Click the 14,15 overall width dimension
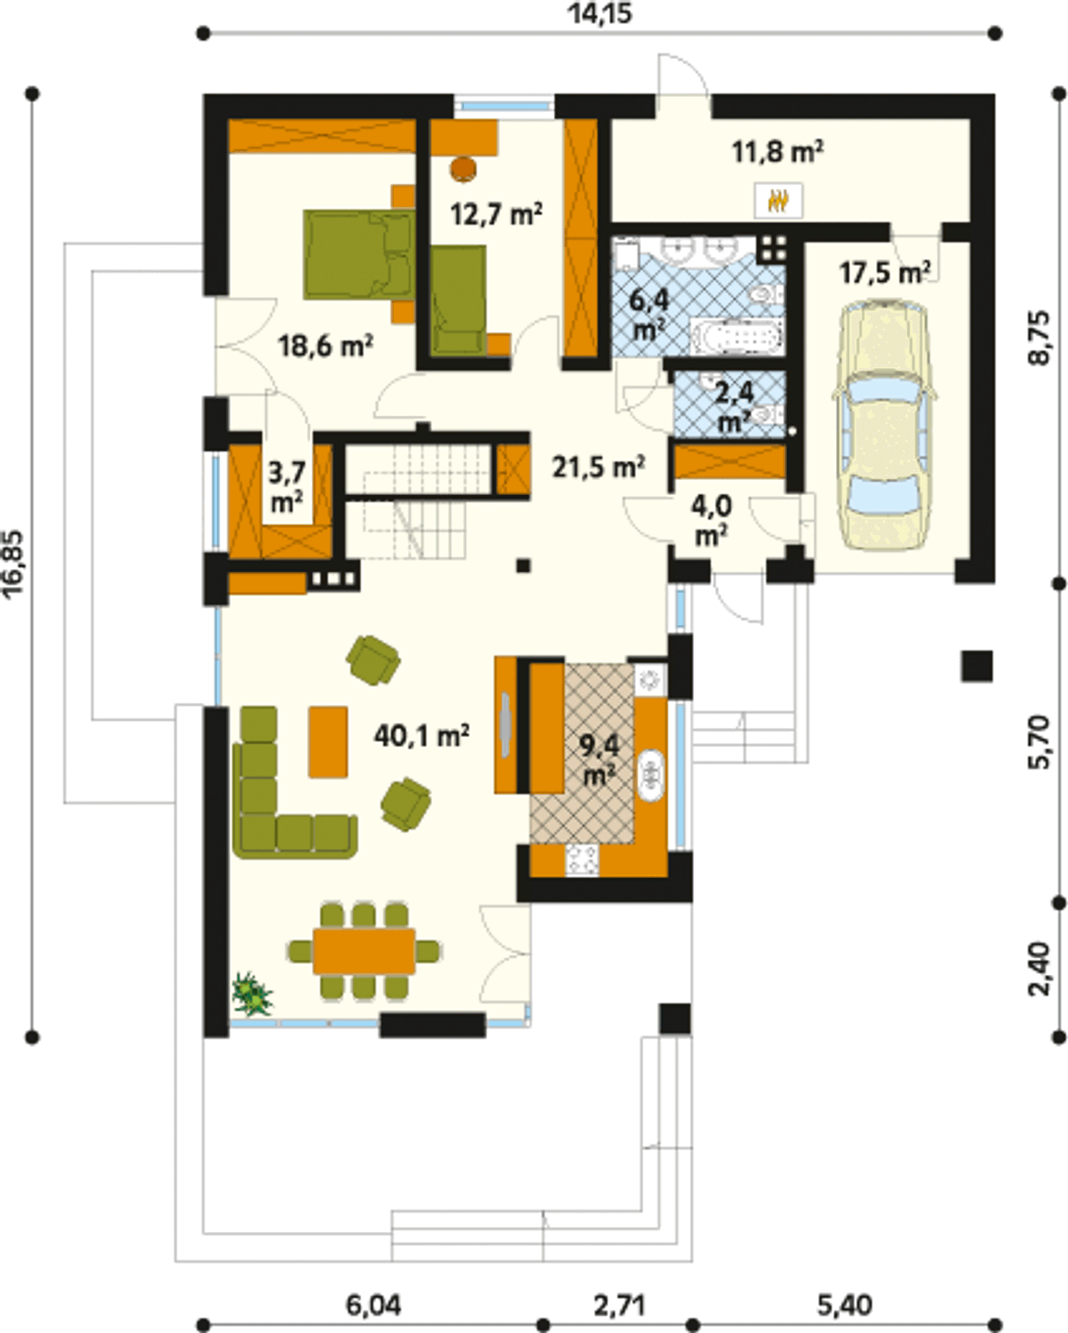(x=600, y=13)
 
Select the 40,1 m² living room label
(x=421, y=736)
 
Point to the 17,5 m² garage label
(x=884, y=272)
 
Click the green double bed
(x=359, y=255)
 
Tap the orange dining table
(x=364, y=951)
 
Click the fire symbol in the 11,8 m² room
(x=778, y=200)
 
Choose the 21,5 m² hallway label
(x=598, y=467)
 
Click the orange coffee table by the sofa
(x=328, y=741)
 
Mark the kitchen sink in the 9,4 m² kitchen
(x=651, y=775)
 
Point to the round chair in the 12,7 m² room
(x=464, y=168)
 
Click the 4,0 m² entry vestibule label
(x=711, y=521)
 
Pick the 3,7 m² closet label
(x=287, y=488)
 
